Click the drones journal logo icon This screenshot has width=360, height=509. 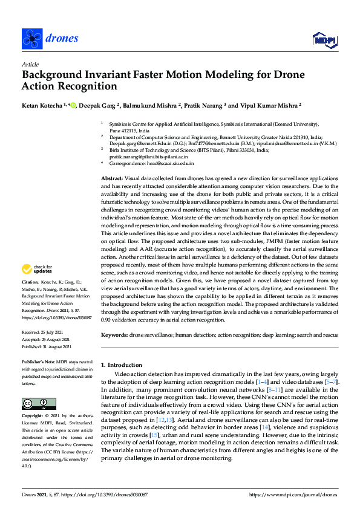click(x=31, y=39)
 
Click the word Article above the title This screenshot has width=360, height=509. click(x=30, y=64)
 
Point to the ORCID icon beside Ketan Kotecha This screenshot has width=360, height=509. click(x=73, y=105)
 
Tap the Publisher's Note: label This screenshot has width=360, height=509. click(x=38, y=361)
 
